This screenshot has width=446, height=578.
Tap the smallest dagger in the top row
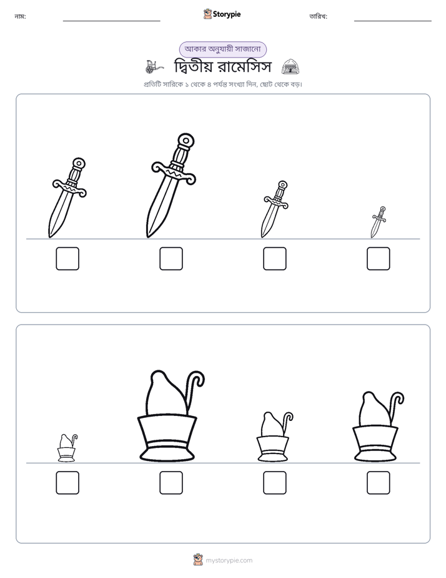pos(378,223)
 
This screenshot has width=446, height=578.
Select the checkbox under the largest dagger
pos(171,258)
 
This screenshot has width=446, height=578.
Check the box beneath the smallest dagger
pos(379,258)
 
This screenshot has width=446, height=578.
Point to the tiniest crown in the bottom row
pos(67,448)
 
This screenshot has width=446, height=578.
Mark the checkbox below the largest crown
pos(171,482)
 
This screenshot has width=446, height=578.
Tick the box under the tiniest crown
pos(67,482)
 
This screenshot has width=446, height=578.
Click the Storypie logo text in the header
pos(227,14)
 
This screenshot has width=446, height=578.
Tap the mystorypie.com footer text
pos(229,560)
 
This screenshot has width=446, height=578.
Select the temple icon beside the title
pos(290,67)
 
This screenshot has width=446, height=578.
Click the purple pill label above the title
pos(222,49)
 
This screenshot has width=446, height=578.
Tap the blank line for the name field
pos(111,21)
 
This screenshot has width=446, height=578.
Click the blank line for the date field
pos(393,21)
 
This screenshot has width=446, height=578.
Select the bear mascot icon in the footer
pos(198,560)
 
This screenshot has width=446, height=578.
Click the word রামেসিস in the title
pos(244,67)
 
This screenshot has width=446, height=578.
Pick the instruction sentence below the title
pos(222,84)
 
